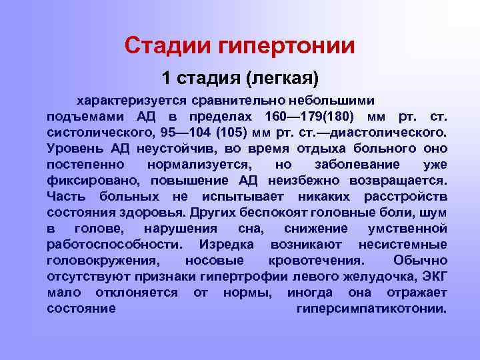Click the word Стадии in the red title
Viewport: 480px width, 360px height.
167,45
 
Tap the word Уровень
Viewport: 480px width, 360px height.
74,148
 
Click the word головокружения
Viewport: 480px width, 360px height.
105,260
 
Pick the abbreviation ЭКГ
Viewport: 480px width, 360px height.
433,276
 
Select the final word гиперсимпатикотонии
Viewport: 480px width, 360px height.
371,308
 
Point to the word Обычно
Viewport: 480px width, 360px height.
420,260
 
